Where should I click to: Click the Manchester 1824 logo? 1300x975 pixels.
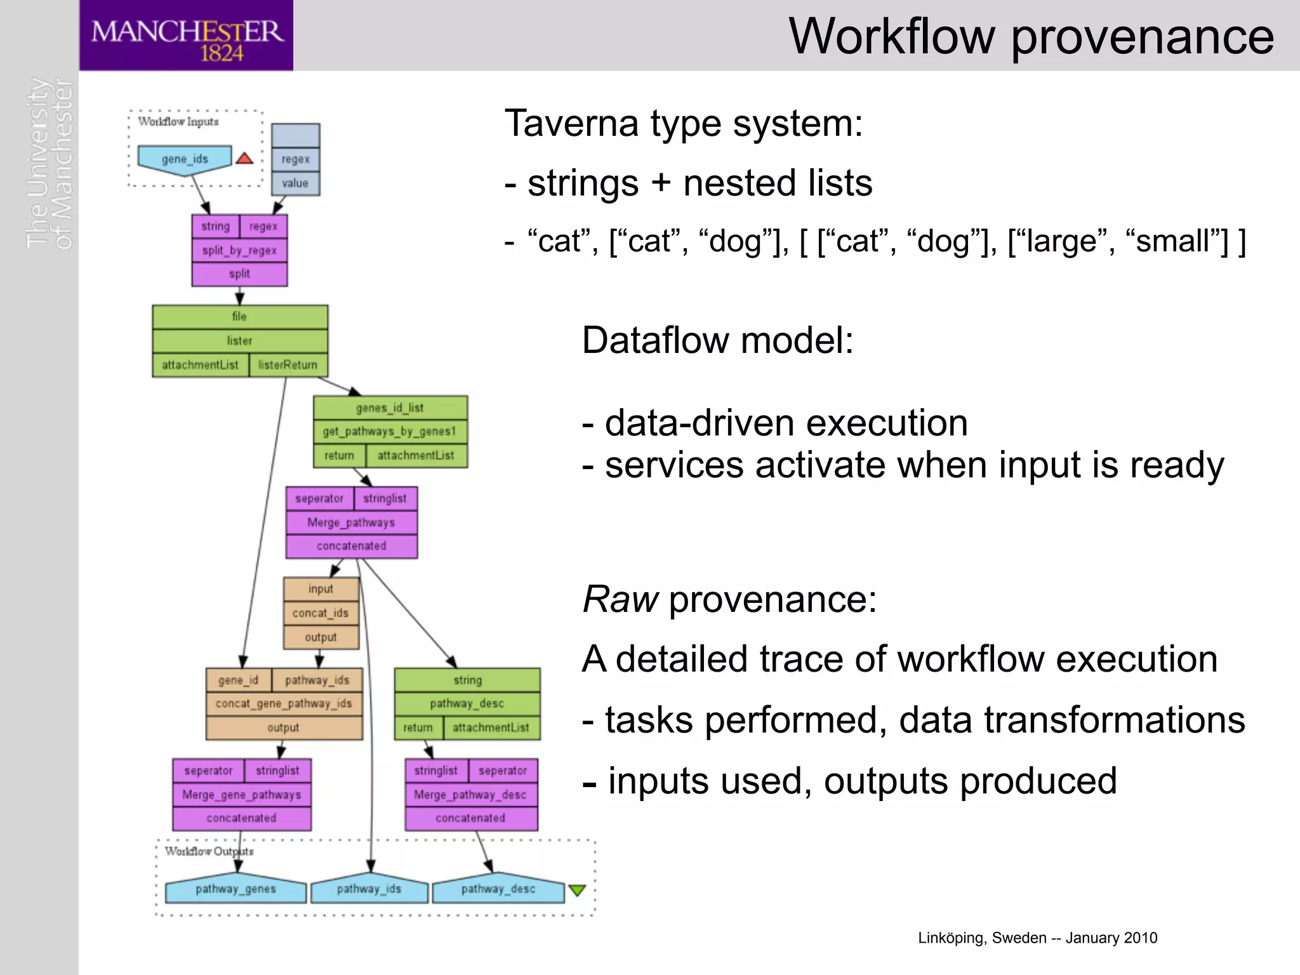point(186,36)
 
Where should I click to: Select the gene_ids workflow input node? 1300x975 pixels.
point(185,159)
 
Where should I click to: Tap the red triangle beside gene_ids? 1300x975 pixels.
point(244,158)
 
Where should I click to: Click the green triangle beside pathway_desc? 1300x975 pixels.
point(576,890)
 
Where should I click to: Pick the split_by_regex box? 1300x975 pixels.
point(239,250)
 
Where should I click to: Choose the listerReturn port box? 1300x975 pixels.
point(288,365)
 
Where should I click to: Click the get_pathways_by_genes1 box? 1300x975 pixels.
point(390,432)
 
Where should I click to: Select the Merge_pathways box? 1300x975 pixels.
point(351,522)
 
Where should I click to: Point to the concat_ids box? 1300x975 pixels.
point(321,613)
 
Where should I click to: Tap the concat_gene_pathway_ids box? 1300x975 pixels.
point(284,703)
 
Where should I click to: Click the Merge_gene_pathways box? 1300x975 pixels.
point(242,795)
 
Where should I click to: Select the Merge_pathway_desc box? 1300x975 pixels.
point(470,795)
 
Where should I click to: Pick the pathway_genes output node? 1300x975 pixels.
point(235,889)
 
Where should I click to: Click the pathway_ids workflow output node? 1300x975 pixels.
point(369,889)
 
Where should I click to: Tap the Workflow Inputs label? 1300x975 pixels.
point(178,121)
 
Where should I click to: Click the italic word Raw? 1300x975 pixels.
point(620,599)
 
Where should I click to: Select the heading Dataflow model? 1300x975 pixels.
point(717,340)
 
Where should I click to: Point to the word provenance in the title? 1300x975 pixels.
point(1142,37)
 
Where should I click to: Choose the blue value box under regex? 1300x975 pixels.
point(295,183)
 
